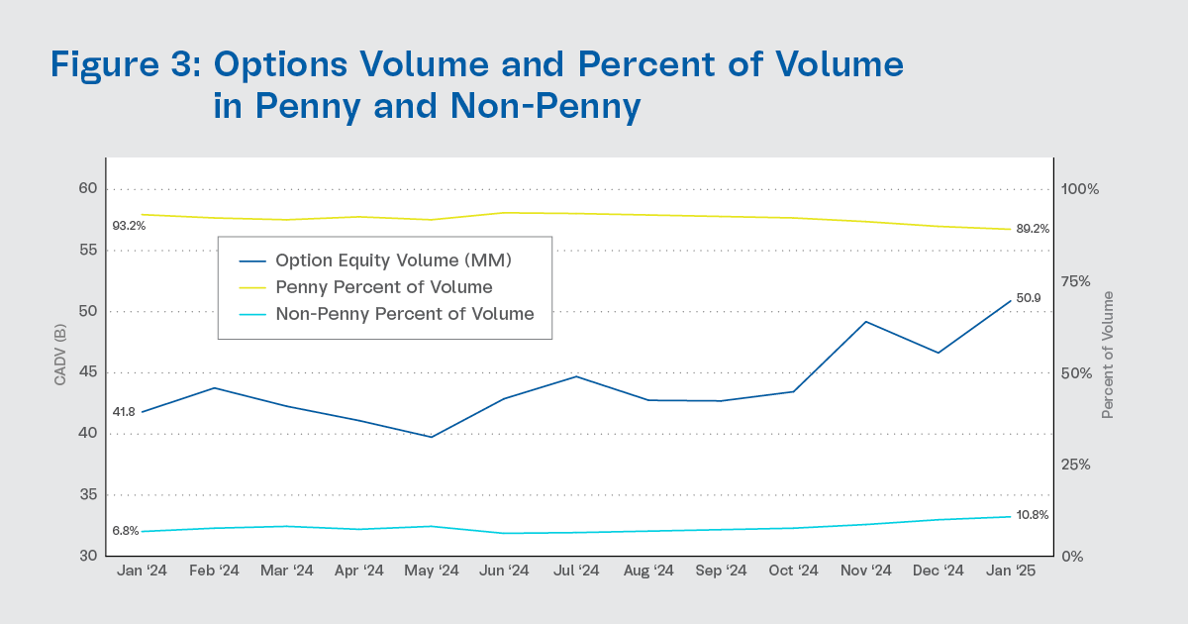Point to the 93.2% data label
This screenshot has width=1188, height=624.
(129, 226)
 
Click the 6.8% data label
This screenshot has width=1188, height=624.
(125, 531)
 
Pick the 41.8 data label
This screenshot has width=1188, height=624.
(124, 412)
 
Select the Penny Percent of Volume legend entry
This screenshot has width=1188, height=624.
(384, 288)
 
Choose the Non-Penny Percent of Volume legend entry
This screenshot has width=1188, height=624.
(405, 314)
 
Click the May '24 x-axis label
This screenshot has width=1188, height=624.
(432, 571)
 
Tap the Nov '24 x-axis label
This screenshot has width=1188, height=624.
(865, 571)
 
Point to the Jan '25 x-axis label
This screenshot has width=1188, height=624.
(1011, 571)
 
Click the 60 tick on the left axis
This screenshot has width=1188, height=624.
(88, 189)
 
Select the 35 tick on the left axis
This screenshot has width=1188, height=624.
(88, 495)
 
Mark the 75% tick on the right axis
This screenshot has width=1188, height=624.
(1074, 281)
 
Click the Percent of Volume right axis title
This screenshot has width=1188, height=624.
(1108, 354)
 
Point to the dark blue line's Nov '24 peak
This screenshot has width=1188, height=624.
(866, 321)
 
